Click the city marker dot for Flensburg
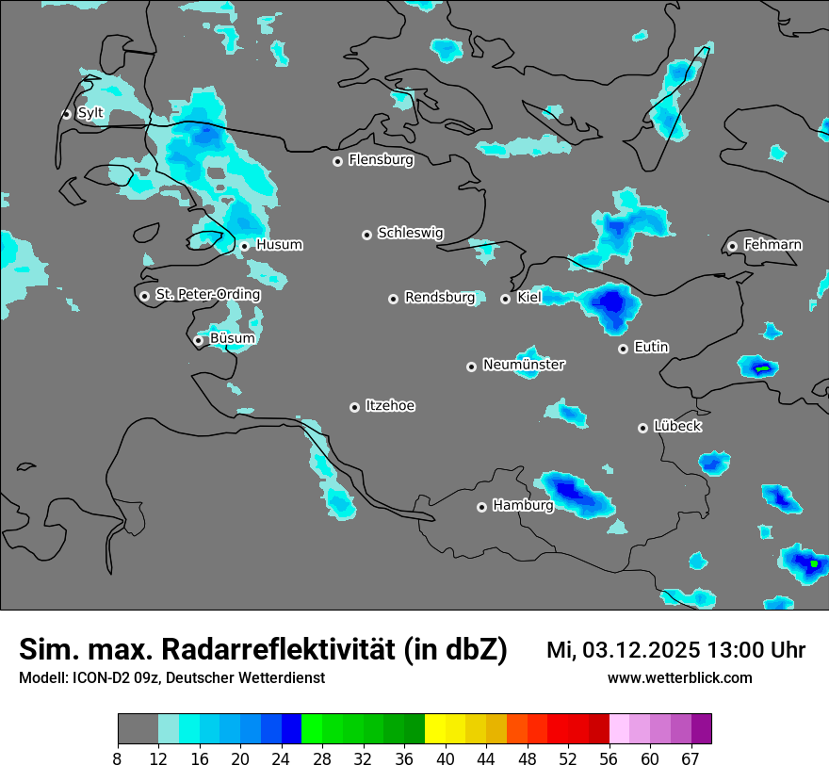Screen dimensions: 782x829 pyautogui.click(x=337, y=161)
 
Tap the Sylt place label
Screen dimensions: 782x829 pyautogui.click(x=90, y=113)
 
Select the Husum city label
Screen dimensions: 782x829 pyautogui.click(x=279, y=245)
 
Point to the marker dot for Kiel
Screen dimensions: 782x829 pyautogui.click(x=505, y=299)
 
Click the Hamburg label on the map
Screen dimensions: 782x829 pyautogui.click(x=523, y=506)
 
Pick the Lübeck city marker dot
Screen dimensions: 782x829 pyautogui.click(x=642, y=428)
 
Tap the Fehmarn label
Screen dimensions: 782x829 pyautogui.click(x=772, y=245)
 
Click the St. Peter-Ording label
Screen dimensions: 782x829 pyautogui.click(x=207, y=295)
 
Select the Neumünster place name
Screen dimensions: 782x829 pyautogui.click(x=524, y=365)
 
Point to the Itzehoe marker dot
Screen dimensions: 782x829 pyautogui.click(x=354, y=407)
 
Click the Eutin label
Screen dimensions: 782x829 pyautogui.click(x=651, y=348)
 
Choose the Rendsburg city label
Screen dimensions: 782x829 pyautogui.click(x=440, y=298)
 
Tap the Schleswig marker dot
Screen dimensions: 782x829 pyautogui.click(x=366, y=235)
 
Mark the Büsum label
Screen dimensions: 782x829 pyautogui.click(x=232, y=338)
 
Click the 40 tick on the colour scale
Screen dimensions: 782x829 pyautogui.click(x=445, y=758)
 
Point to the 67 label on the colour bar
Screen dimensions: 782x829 pyautogui.click(x=691, y=758)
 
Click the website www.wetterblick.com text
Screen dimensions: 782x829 pyautogui.click(x=679, y=678)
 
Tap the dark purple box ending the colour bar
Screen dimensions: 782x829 pyautogui.click(x=701, y=729)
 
